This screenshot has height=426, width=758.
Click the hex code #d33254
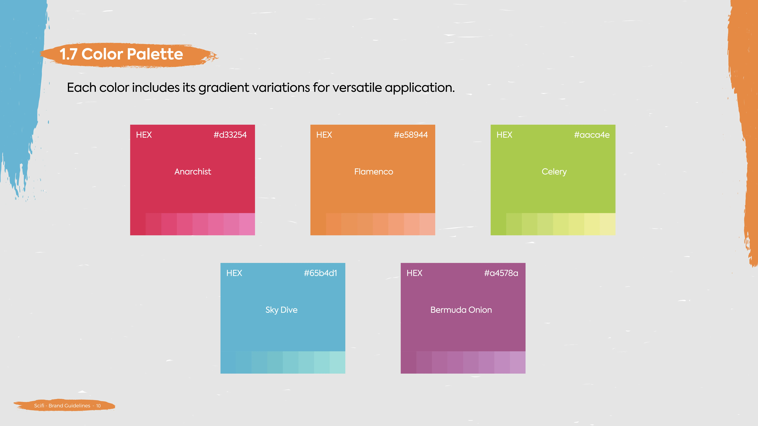coord(230,135)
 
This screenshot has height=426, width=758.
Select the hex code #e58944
coord(411,135)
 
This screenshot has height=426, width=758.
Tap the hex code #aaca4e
coord(592,135)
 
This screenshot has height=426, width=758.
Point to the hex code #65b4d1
coord(320,273)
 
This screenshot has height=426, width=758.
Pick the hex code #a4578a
coord(501,273)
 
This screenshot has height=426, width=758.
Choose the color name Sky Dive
coord(281,310)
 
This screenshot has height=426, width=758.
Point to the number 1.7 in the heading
coord(68,54)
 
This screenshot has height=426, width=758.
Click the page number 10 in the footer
coord(98,406)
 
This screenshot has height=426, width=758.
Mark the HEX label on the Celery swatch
coord(504,135)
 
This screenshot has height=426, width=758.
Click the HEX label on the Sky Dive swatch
coord(234,273)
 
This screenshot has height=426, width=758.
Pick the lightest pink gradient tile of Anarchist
coord(247,224)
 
